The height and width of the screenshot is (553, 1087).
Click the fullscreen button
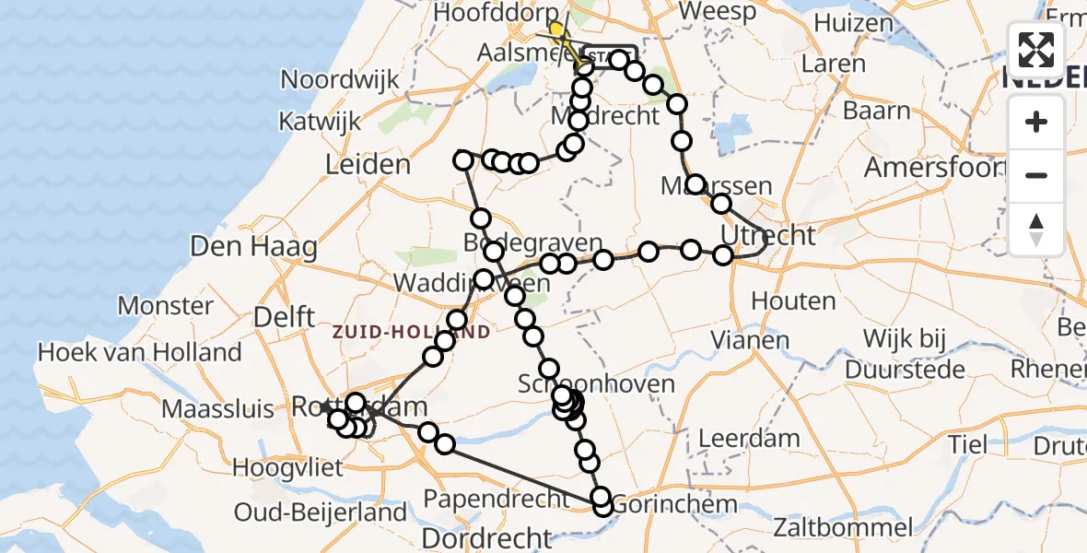click(x=1036, y=50)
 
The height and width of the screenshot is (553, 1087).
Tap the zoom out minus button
click(x=1036, y=175)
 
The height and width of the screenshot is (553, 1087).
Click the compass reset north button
click(x=1036, y=229)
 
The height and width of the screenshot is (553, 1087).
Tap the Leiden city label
click(x=368, y=166)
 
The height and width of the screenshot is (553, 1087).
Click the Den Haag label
click(x=253, y=247)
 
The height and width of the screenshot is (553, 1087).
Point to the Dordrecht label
click(x=487, y=536)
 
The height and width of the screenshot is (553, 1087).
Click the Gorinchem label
click(x=674, y=504)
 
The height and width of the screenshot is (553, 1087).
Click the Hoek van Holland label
click(x=139, y=352)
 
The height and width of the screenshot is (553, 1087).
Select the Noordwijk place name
click(x=340, y=79)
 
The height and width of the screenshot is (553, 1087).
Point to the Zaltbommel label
click(x=843, y=528)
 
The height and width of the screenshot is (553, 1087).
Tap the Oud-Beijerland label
click(x=321, y=512)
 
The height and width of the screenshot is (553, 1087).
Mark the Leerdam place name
click(x=747, y=439)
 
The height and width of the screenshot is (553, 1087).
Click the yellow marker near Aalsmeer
click(x=556, y=29)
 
